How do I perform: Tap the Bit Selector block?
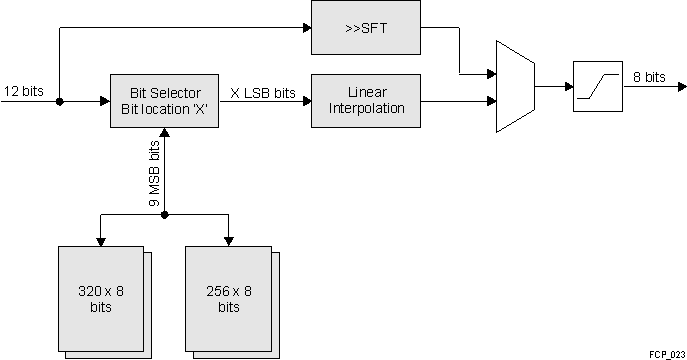(163, 100)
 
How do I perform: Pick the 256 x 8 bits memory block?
(228, 298)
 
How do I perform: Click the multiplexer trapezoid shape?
(514, 87)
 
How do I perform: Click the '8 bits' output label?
(649, 77)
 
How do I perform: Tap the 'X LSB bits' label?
(264, 92)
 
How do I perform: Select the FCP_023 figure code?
(664, 354)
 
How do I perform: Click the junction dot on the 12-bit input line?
(60, 101)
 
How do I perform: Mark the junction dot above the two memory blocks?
(164, 214)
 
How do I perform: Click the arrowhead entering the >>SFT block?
(306, 28)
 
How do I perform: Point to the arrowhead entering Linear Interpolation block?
(306, 101)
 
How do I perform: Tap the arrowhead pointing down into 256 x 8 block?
(229, 241)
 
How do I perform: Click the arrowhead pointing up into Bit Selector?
(164, 134)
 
